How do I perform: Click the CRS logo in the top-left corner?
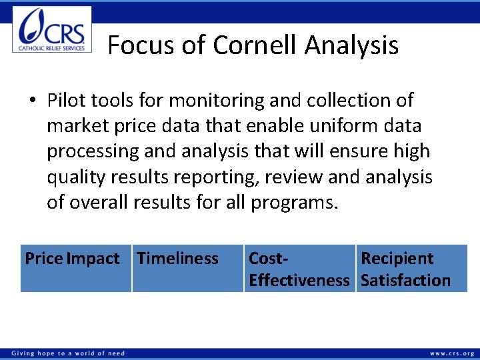click(52, 29)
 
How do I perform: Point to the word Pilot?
click(65, 101)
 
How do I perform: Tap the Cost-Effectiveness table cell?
click(299, 269)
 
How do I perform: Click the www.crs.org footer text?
click(451, 353)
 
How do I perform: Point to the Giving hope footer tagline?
click(67, 353)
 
